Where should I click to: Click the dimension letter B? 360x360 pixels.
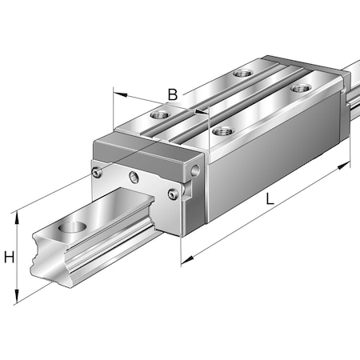[172, 95]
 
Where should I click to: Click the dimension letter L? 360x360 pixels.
[270, 202]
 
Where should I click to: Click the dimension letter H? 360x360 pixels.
[10, 258]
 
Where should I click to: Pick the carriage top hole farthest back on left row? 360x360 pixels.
[242, 74]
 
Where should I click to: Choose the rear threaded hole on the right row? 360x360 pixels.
[301, 87]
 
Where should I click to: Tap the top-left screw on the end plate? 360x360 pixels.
[97, 172]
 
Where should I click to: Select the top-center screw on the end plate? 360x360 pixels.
[134, 176]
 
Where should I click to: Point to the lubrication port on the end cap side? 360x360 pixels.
[197, 170]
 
